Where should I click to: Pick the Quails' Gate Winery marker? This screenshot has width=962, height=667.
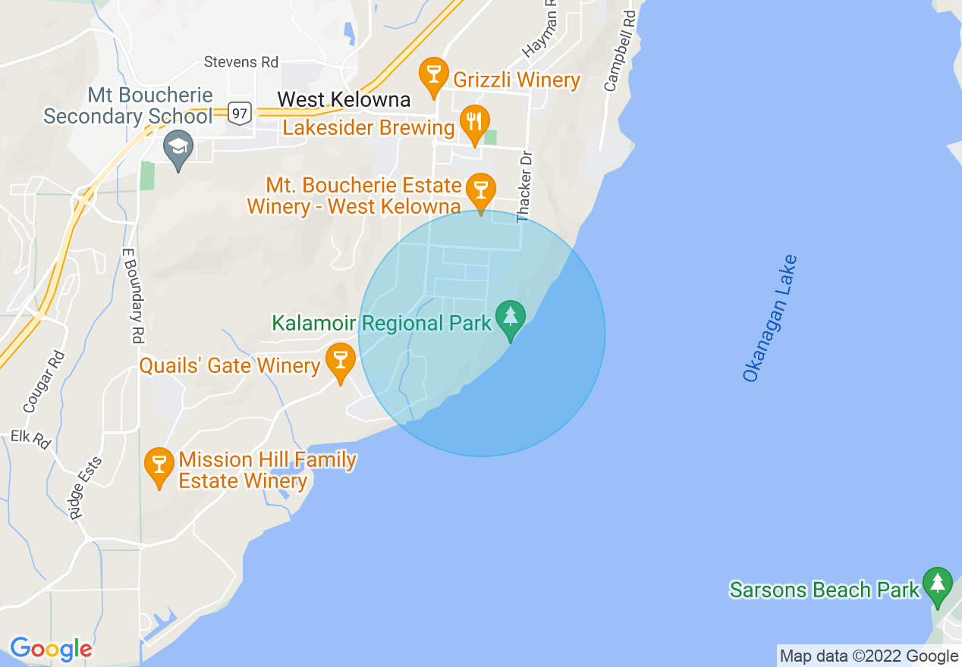point(341,361)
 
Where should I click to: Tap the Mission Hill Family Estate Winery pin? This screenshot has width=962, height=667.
point(159,465)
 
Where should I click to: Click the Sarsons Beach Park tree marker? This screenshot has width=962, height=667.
point(938,585)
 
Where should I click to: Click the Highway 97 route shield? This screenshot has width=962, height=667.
point(240,113)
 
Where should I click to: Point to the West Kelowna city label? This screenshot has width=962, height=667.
point(344,99)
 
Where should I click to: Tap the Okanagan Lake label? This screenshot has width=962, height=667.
point(770,318)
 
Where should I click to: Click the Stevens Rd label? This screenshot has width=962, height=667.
point(241,62)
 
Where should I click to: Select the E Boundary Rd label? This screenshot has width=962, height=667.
point(132,296)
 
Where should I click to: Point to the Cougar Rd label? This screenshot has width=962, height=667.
point(44,380)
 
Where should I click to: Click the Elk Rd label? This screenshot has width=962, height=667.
point(30,440)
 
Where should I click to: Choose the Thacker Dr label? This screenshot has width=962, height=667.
point(523,186)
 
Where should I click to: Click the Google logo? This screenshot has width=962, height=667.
point(51,649)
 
